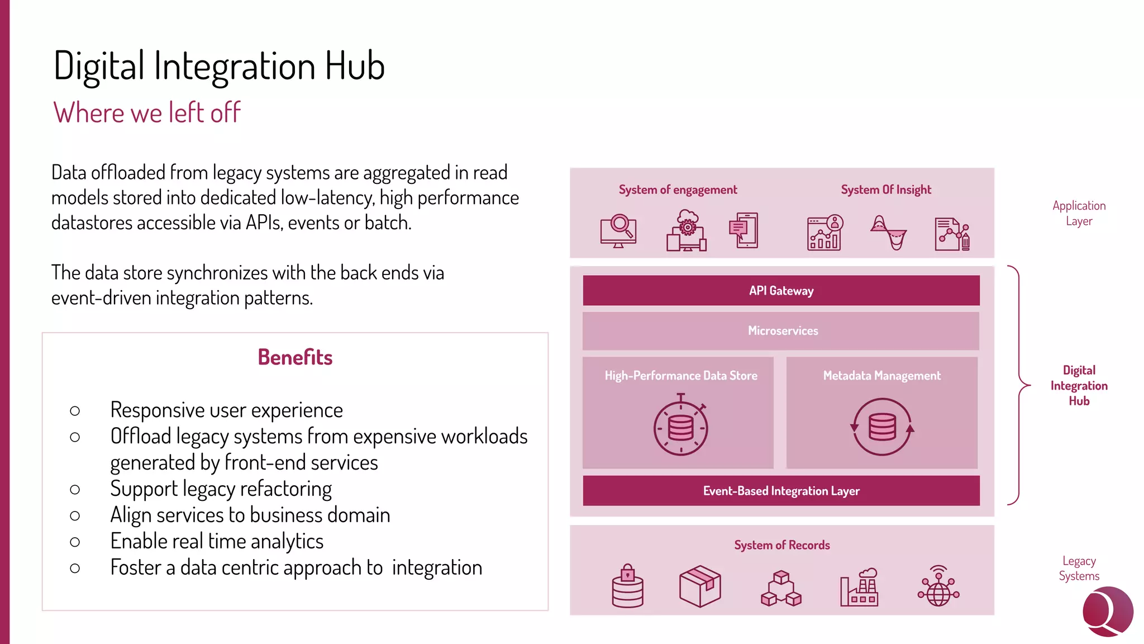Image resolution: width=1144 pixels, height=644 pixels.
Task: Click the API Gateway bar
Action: (781, 291)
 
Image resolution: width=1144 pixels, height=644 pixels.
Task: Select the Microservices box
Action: (781, 331)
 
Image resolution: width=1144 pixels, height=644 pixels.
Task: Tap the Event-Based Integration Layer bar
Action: (781, 491)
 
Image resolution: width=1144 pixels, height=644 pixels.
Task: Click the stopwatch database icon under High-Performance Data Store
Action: (680, 426)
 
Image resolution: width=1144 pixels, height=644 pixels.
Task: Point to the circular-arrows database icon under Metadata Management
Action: (882, 427)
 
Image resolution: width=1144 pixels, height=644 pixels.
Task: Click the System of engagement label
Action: (678, 190)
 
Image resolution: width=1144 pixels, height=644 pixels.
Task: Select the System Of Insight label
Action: (886, 190)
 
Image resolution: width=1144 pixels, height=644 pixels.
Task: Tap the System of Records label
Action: (781, 545)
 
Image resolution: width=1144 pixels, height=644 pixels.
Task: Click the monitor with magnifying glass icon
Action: (618, 231)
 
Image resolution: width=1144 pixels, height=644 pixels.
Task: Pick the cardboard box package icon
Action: (700, 586)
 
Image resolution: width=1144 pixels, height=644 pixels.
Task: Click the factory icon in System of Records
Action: (860, 588)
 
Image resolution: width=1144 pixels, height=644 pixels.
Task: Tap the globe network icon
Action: (938, 586)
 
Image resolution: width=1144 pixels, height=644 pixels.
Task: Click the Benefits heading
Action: (295, 357)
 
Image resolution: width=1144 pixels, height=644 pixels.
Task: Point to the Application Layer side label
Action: (1079, 214)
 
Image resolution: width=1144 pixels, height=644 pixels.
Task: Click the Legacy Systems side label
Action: (1079, 569)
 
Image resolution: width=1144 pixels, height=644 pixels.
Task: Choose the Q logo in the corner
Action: (1108, 612)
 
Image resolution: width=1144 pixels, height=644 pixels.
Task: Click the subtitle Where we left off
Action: (147, 113)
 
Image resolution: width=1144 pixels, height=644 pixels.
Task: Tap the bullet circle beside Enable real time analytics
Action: (75, 542)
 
